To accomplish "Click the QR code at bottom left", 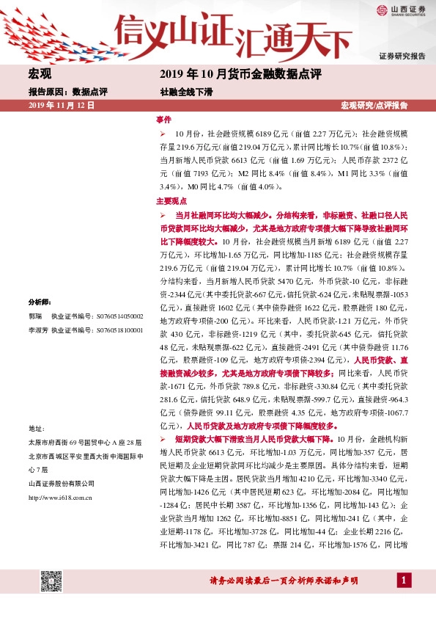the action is pos(49,581).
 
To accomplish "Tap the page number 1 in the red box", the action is pos(402,581).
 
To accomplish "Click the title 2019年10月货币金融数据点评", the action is pos(240,74).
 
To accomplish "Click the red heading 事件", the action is pos(163,119).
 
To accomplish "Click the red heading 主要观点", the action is pos(171,200).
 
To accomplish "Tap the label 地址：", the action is pos(37,428).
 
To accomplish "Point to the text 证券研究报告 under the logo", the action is pos(402,56).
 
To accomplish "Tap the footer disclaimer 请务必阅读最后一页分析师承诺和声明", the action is pos(284,581).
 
